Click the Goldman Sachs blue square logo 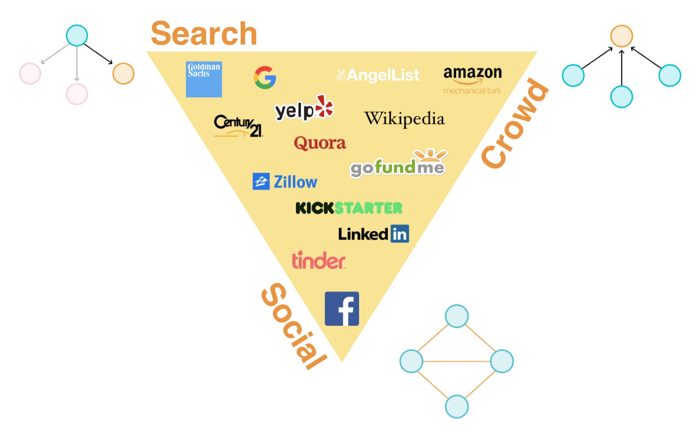coord(203,79)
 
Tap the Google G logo coord(265,78)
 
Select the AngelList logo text coord(378,75)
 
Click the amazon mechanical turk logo coord(472,80)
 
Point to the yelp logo coord(304,108)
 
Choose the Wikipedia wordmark coord(404,119)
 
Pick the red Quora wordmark coord(320,143)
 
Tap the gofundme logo coord(398,165)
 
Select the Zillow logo coord(285,182)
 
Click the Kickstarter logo coord(348,208)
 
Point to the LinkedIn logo coord(373,234)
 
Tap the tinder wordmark coord(318,260)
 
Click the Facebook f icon coord(342,309)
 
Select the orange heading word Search coord(204,34)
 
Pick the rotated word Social coord(293,326)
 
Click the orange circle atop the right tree coord(621,36)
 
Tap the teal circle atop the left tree coord(77,36)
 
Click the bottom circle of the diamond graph coord(457,407)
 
